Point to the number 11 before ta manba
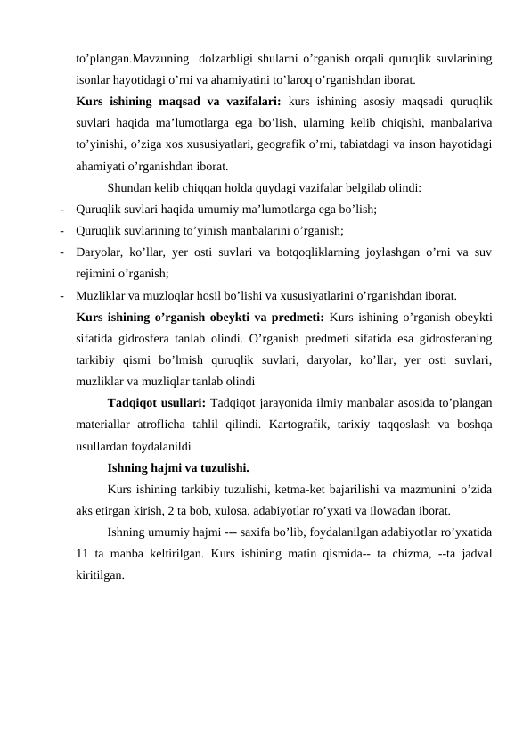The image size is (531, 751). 85,555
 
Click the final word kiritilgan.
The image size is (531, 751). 101,575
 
